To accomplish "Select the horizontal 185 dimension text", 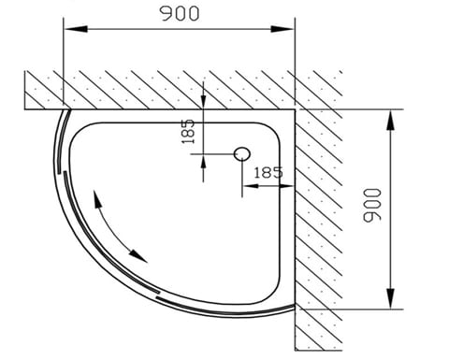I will (x=267, y=172).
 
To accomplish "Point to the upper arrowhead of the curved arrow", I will (x=96, y=199).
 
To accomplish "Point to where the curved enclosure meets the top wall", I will (x=65, y=108).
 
